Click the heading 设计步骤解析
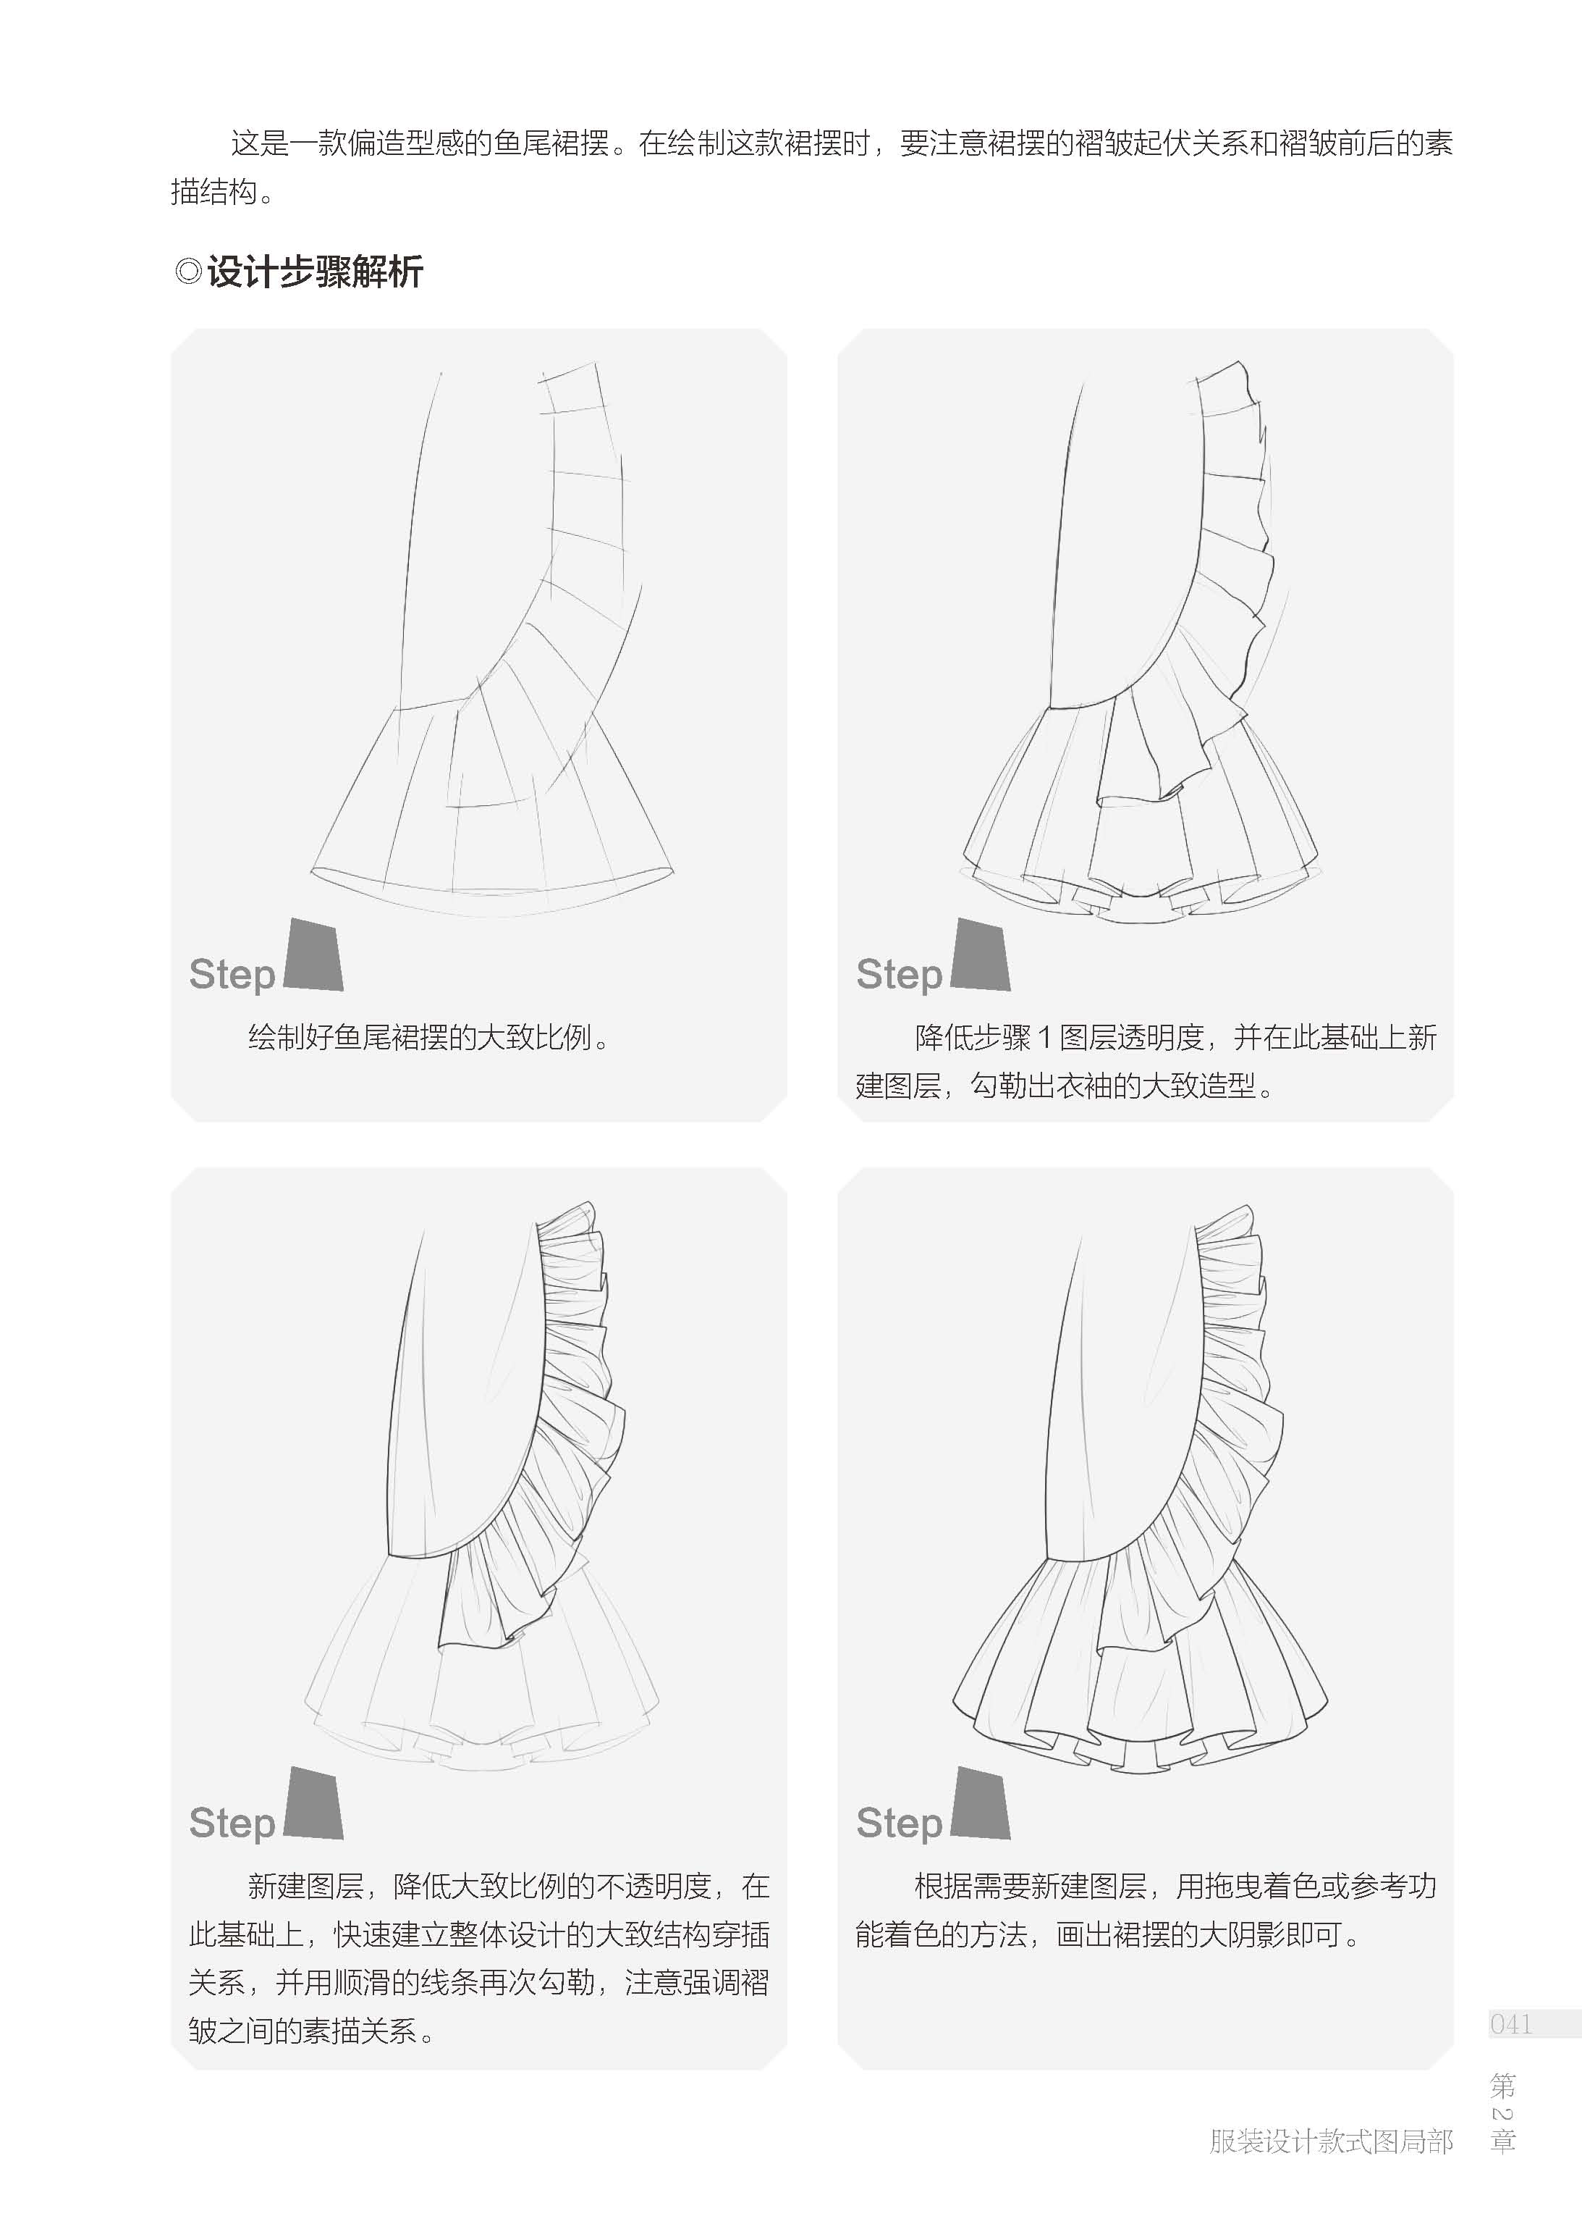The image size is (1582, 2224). coord(315,272)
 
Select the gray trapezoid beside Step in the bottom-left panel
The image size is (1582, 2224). coord(313,1803)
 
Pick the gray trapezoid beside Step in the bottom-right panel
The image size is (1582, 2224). coord(980,1803)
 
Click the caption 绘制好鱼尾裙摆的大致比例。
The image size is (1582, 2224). coord(430,1037)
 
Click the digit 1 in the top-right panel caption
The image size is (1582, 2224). coord(1044,1038)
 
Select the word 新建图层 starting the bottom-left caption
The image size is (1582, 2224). coord(306,1887)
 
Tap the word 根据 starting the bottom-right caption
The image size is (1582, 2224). coord(943,1887)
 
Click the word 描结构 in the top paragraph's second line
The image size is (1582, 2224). coord(214,192)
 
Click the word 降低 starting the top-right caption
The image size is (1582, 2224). coord(943,1037)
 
